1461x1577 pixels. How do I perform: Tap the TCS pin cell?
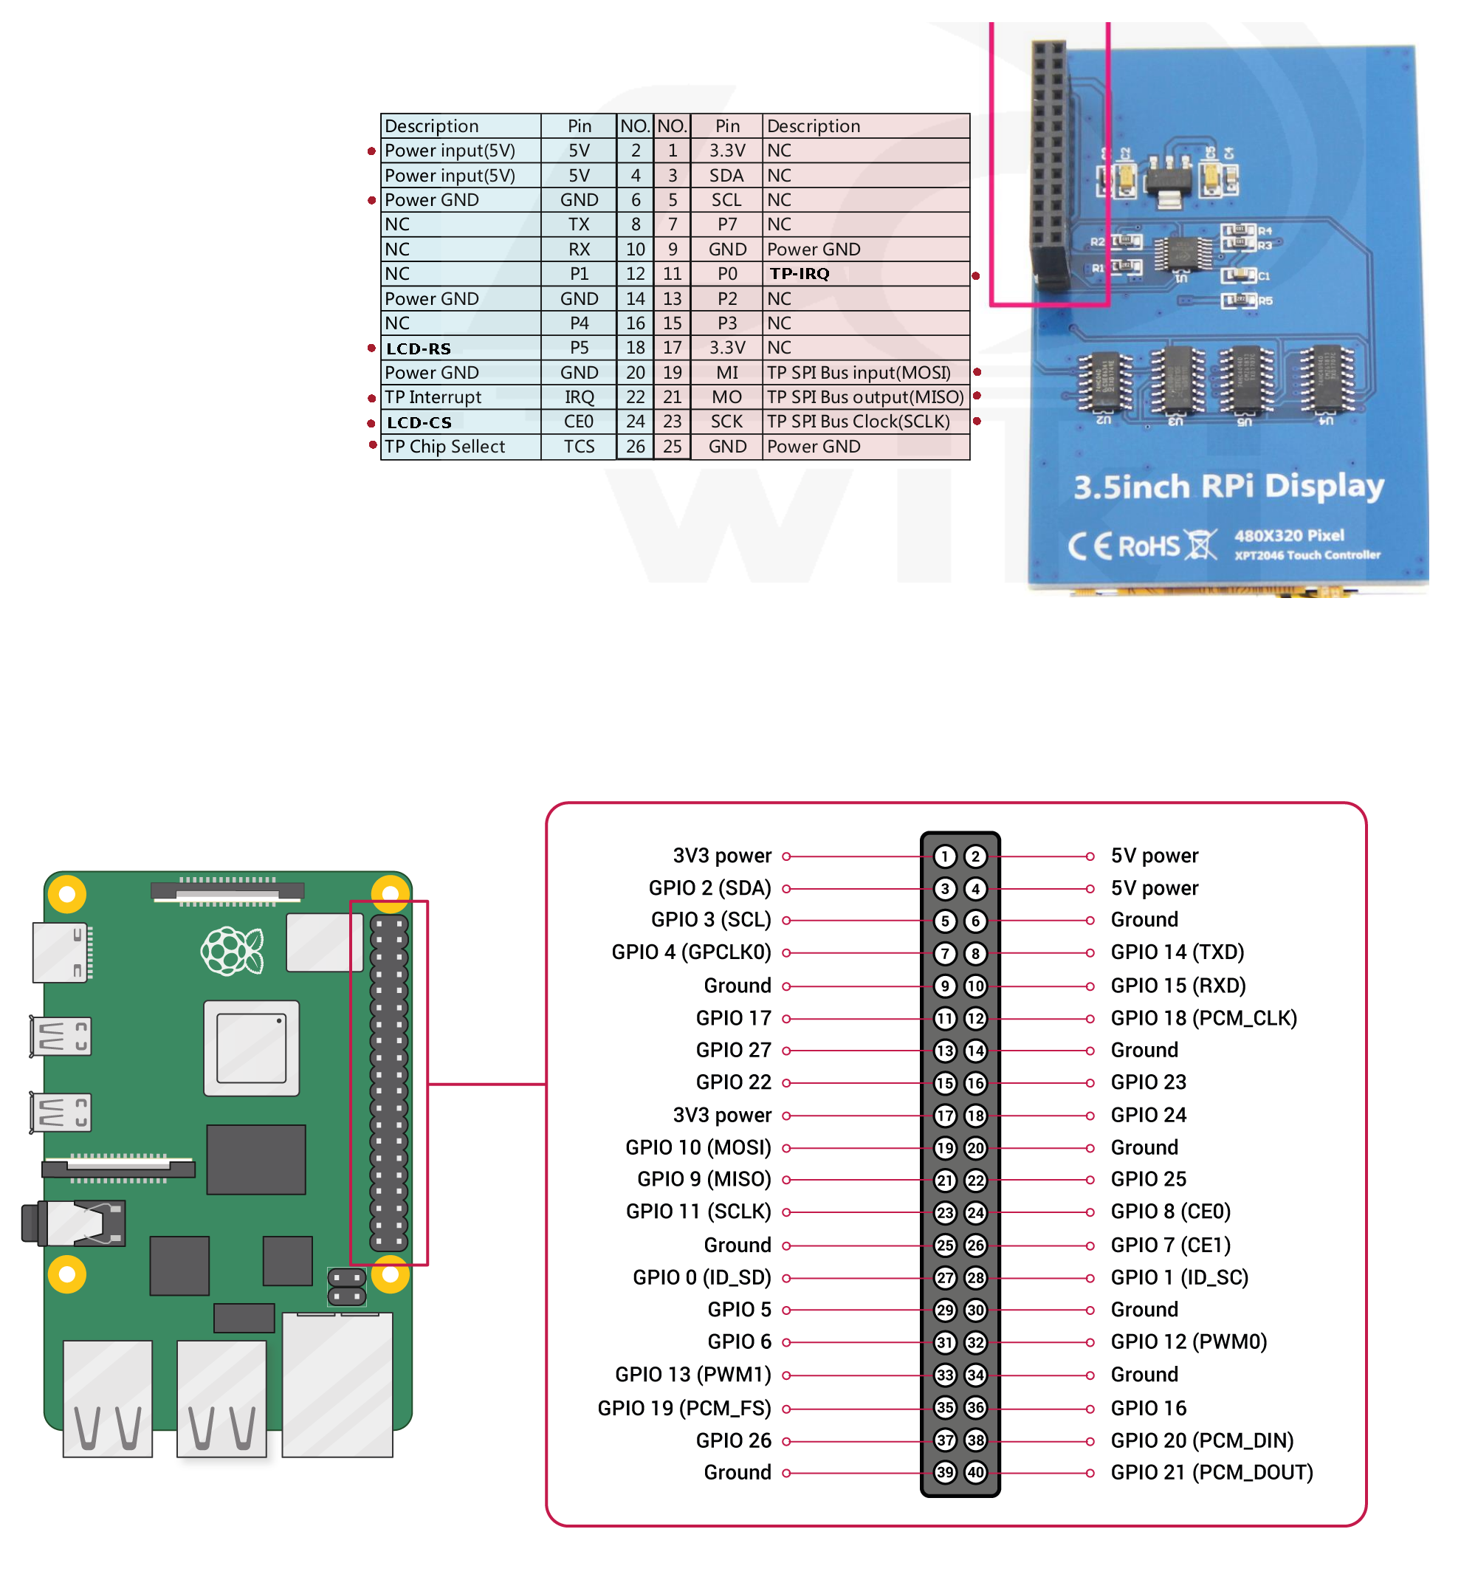(579, 447)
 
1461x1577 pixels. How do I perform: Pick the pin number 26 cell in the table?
(635, 447)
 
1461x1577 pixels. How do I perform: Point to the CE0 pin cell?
(579, 422)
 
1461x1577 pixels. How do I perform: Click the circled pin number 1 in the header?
(945, 856)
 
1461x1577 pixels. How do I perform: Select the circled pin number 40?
(975, 1472)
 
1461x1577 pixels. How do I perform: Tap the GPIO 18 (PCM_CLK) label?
(1203, 1018)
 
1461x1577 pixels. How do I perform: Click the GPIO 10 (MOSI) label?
(698, 1147)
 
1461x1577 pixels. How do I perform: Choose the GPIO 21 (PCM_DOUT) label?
(1211, 1472)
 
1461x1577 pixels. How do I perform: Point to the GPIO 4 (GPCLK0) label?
(691, 952)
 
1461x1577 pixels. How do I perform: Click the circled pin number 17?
(945, 1116)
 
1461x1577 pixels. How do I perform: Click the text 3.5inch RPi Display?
(1228, 486)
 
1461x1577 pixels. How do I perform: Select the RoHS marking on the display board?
(1149, 546)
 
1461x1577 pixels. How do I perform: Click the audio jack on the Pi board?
(75, 1223)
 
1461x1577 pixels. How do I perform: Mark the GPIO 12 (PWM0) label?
(1189, 1341)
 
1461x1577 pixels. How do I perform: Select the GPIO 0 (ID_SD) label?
(701, 1277)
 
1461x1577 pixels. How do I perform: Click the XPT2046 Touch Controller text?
(1307, 555)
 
